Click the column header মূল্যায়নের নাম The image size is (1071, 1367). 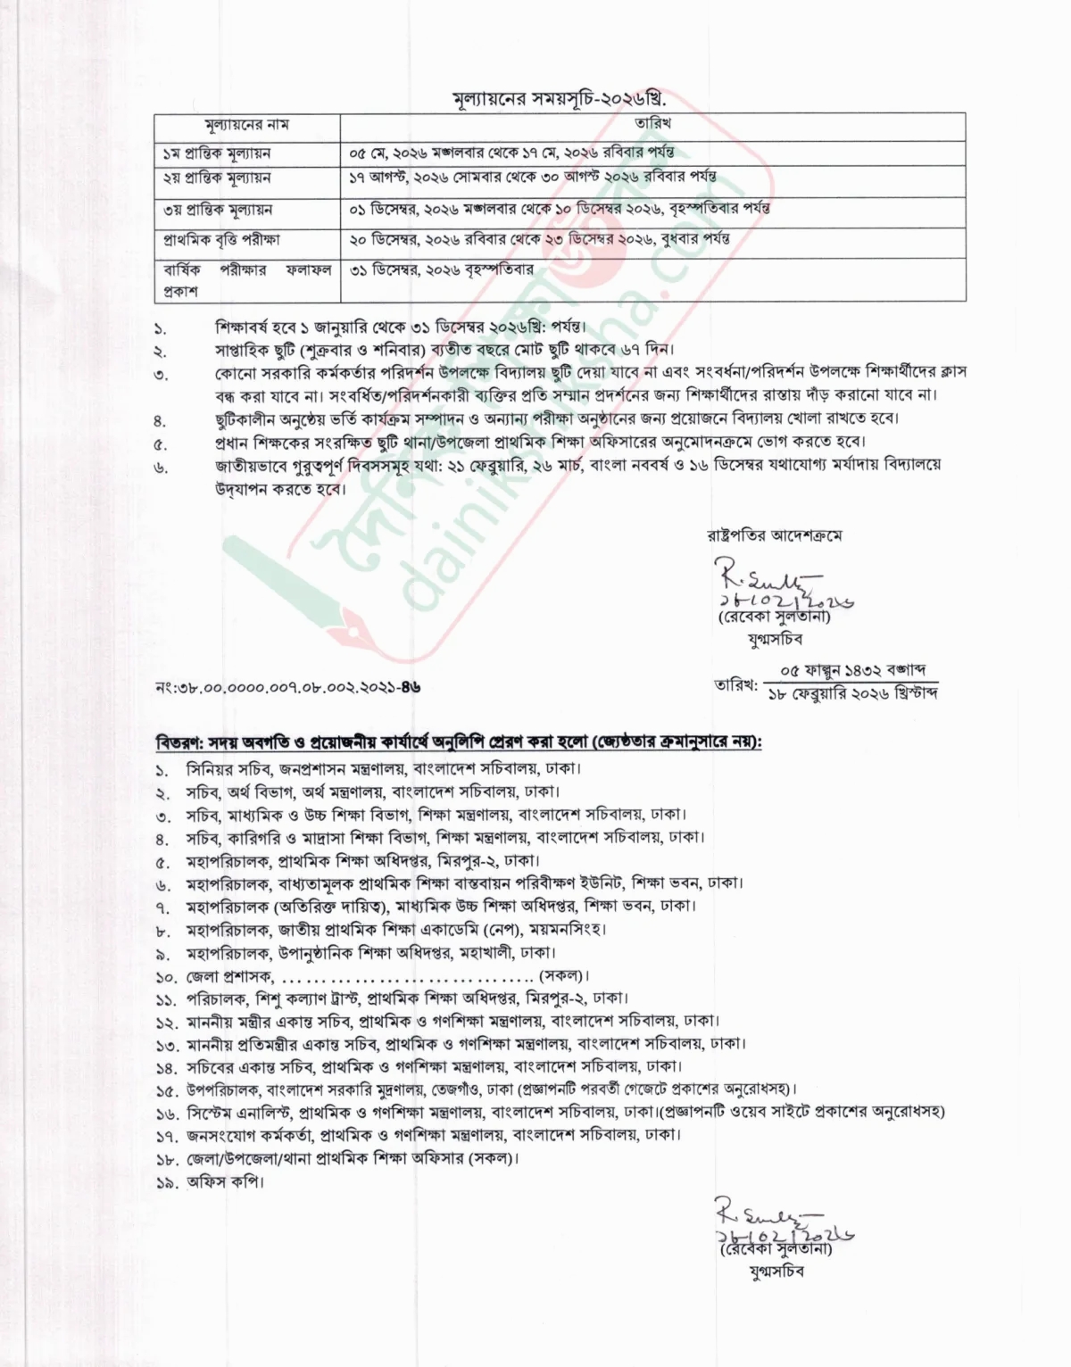243,124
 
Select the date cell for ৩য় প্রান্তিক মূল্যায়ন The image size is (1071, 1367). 560,209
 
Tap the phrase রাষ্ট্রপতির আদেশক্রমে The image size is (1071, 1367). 774,535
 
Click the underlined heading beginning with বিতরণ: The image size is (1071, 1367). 459,742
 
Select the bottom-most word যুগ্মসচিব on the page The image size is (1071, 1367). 776,1271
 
